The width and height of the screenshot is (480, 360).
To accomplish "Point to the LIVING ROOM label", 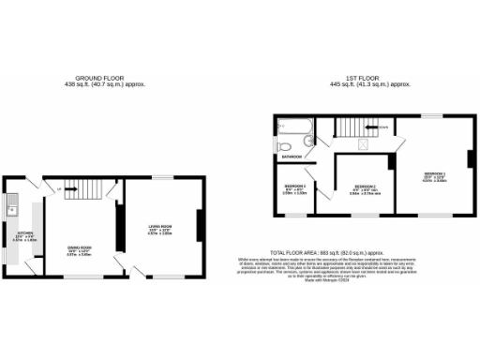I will coord(159,228).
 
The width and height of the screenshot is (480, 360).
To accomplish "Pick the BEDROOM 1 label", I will coord(434,175).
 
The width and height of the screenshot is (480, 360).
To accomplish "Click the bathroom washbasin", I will coord(308,142).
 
